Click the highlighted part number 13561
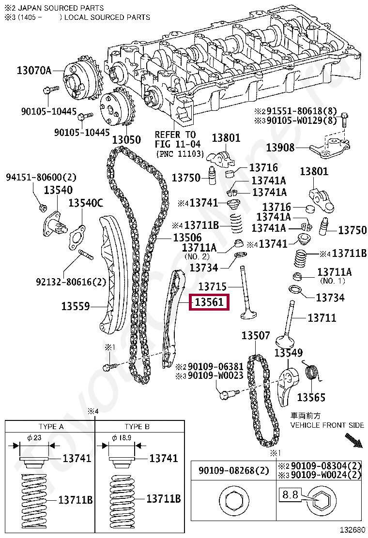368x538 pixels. [209, 302]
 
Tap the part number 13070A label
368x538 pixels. [34, 70]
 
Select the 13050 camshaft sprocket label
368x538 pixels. [127, 140]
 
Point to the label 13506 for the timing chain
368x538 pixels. [187, 238]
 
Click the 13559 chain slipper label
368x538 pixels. [76, 306]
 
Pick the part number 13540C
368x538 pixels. [86, 203]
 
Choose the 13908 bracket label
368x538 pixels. [280, 148]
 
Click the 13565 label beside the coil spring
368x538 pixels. [311, 397]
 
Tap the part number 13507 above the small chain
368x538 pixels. [256, 335]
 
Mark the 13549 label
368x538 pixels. [289, 353]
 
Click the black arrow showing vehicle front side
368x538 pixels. [353, 441]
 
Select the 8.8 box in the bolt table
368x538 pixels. [291, 494]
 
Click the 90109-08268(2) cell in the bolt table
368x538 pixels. [234, 470]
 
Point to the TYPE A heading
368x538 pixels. [51, 427]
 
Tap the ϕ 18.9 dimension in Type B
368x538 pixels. [122, 437]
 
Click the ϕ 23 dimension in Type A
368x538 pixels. [34, 437]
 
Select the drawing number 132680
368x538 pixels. [353, 530]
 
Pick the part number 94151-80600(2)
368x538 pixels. [41, 177]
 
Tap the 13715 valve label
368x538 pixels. [213, 286]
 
